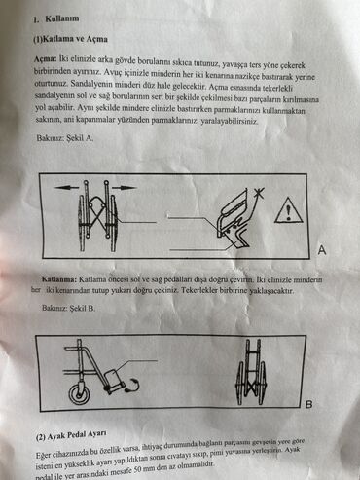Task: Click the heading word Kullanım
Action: point(62,18)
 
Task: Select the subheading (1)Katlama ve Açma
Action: point(70,39)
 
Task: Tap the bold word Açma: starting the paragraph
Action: point(46,59)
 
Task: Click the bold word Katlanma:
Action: point(59,279)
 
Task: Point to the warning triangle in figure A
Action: point(289,210)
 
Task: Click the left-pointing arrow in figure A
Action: point(66,187)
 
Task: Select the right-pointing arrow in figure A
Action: point(124,187)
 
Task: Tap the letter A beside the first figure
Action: point(322,250)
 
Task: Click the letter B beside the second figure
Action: point(309,405)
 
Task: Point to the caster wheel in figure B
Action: point(80,393)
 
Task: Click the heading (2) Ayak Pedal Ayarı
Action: point(71,436)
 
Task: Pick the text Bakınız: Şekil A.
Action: point(65,138)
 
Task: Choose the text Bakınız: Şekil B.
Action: point(69,308)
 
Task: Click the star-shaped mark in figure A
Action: point(259,194)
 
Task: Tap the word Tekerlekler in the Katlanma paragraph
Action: point(199,290)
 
